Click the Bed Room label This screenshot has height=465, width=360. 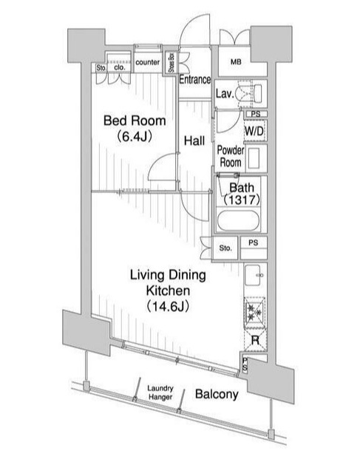click(x=135, y=121)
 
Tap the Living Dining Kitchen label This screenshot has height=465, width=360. click(x=168, y=282)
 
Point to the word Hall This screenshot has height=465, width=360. click(x=194, y=140)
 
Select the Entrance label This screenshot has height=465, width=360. click(x=195, y=80)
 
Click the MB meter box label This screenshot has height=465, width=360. click(x=236, y=61)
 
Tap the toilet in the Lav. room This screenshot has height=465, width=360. click(x=251, y=92)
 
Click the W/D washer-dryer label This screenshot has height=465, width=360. click(x=254, y=131)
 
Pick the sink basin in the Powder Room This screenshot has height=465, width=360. click(x=254, y=158)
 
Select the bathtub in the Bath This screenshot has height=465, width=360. click(x=239, y=220)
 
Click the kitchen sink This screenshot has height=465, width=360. click(x=253, y=275)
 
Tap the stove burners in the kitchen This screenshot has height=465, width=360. click(x=254, y=313)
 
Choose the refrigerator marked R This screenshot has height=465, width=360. click(x=255, y=340)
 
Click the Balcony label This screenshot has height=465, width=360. click(x=217, y=394)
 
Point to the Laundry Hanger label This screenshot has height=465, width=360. click(x=160, y=393)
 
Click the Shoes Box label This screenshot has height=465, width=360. click(x=171, y=62)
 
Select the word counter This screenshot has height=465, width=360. click(x=147, y=62)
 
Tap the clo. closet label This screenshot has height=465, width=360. click(x=120, y=67)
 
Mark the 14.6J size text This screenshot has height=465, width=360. click(x=168, y=307)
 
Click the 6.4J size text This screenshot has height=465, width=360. click(x=135, y=137)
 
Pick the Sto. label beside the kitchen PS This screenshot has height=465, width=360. click(x=225, y=248)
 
